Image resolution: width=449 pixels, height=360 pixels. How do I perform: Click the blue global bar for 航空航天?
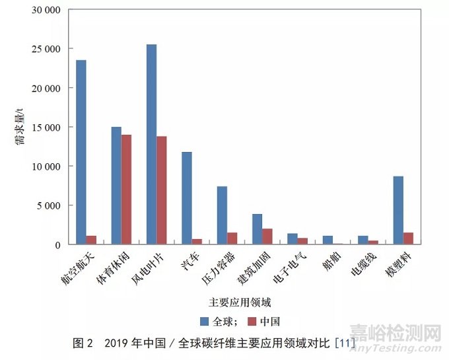(x=81, y=152)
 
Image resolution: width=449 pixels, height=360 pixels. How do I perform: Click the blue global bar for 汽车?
(x=187, y=198)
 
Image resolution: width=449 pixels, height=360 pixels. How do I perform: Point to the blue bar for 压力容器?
(x=222, y=215)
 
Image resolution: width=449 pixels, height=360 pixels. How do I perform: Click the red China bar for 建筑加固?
(x=267, y=236)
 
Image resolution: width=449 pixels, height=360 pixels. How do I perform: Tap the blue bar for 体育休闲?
(x=116, y=186)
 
